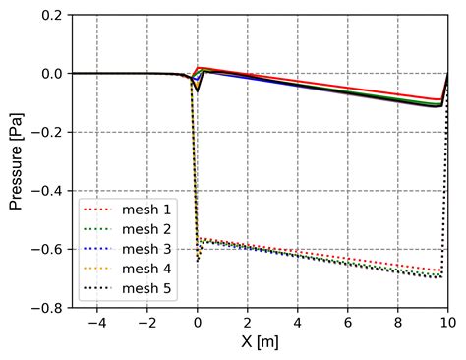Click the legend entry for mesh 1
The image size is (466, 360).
coord(143,210)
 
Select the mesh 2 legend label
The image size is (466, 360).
coord(143,229)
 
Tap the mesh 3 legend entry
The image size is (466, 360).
coord(143,248)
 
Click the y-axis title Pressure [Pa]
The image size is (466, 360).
coord(17,161)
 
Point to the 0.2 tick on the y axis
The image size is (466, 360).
coord(51,16)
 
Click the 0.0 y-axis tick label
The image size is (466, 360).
coord(51,74)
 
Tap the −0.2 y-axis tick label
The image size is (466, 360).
coord(47,133)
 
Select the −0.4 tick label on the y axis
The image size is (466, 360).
coord(47,191)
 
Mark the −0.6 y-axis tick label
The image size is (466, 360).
coord(47,249)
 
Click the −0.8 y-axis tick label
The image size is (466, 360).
coord(47,307)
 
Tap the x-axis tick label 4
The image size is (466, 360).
coord(298,322)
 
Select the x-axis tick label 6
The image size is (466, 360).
coord(348,322)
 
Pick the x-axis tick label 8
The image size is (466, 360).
coord(398,322)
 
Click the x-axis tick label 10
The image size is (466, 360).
coord(447,322)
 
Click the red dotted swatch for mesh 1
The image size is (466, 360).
coord(98,210)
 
